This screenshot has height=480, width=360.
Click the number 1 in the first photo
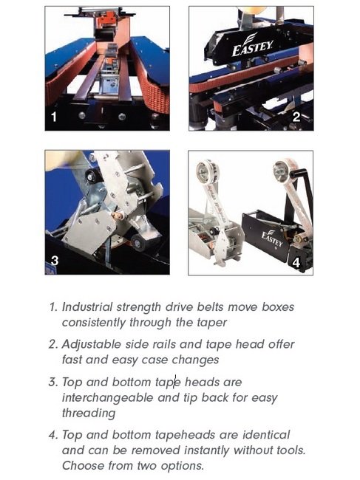(54, 117)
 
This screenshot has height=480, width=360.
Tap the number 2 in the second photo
(296, 117)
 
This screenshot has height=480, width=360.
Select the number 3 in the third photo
(55, 261)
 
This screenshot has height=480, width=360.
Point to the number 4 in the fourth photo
(296, 262)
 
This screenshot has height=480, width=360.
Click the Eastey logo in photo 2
(252, 45)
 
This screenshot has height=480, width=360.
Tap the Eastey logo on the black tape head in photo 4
(272, 239)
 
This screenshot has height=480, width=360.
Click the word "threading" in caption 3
(89, 414)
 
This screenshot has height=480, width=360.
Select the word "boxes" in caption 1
(278, 306)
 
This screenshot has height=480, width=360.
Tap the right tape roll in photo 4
(284, 170)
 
